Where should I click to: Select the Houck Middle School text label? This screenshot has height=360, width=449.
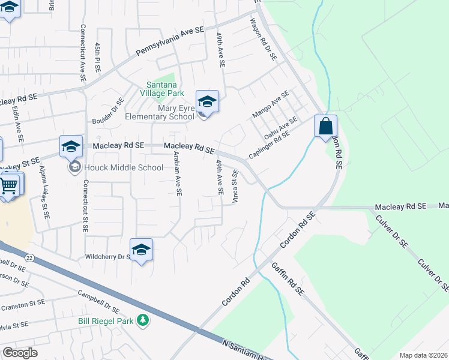(124, 167)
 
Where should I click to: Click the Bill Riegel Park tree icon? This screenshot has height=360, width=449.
(142, 321)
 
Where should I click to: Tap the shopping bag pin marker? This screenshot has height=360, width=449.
(325, 127)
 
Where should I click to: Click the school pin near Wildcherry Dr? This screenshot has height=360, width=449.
(141, 250)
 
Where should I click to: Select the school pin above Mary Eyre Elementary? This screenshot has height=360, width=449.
(207, 101)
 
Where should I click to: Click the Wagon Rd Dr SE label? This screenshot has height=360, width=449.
(264, 38)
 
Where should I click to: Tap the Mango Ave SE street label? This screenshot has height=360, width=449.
(270, 103)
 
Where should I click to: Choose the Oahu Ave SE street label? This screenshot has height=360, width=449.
(281, 128)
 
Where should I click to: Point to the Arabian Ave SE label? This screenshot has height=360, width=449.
(177, 173)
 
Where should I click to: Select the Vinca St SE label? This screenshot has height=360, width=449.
(235, 186)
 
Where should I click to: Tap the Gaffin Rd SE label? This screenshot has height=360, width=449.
(288, 277)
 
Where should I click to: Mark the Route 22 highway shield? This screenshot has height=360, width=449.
(28, 257)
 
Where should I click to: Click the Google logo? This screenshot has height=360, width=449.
(20, 353)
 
